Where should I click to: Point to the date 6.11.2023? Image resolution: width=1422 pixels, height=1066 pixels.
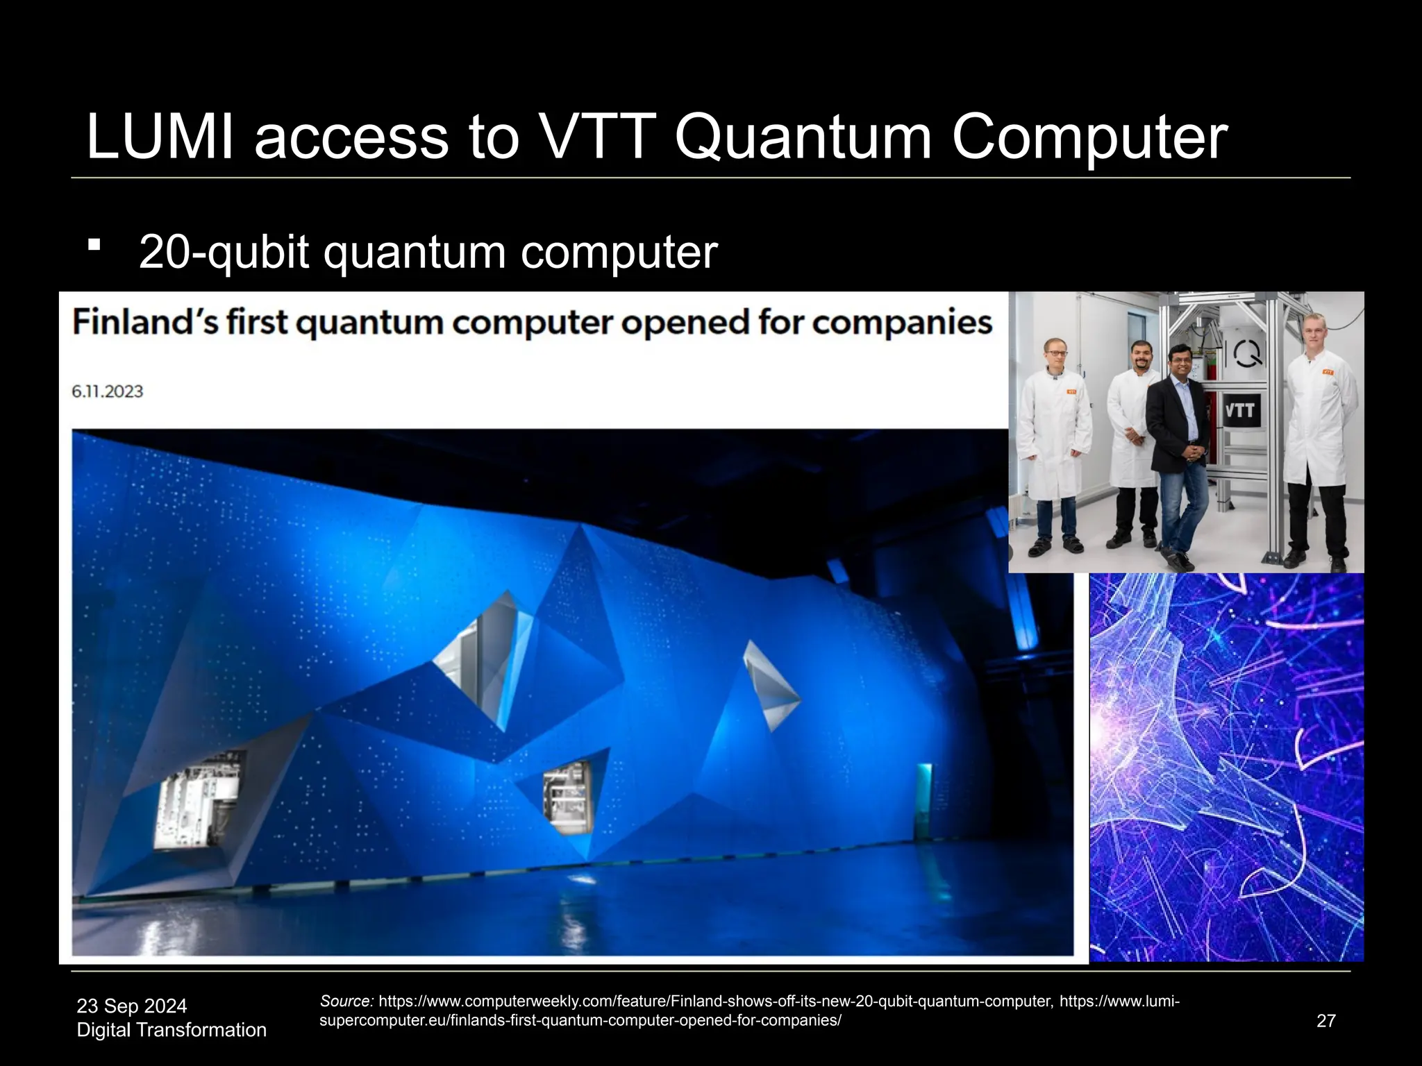tap(107, 391)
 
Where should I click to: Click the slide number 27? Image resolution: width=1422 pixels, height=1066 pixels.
tap(1325, 1021)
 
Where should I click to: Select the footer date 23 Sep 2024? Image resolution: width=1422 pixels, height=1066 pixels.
tap(131, 1006)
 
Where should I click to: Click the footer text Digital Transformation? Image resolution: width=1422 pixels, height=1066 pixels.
tap(171, 1030)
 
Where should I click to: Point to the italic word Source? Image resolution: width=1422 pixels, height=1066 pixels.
tap(346, 1001)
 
